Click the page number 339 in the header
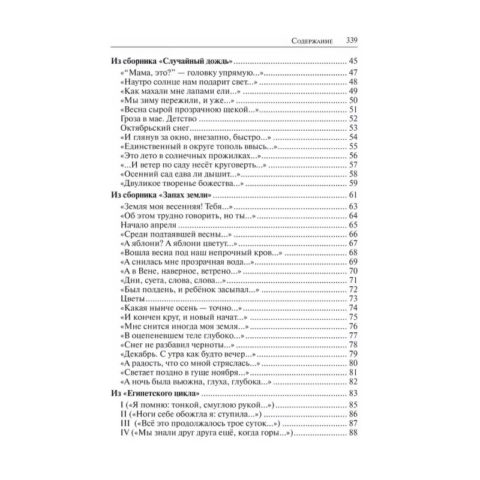[x=352, y=41]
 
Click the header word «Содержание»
[x=313, y=42]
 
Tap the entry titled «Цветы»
[x=130, y=298]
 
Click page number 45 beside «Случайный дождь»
[x=353, y=61]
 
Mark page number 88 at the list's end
[x=353, y=434]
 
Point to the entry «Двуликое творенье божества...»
[x=181, y=183]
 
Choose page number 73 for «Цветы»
[x=353, y=298]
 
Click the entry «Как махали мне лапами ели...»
[x=174, y=91]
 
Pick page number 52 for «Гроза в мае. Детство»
[x=353, y=119]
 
